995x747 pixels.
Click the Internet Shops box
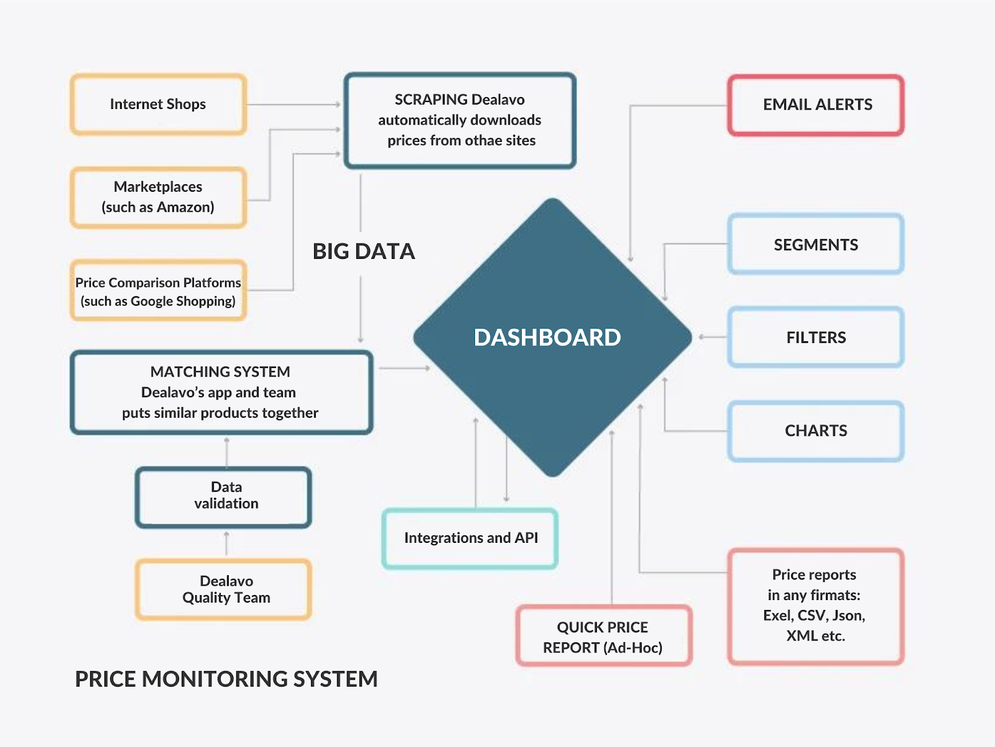click(158, 105)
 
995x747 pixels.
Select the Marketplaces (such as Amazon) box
click(158, 197)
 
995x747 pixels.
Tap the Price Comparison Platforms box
click(158, 291)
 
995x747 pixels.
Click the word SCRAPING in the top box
click(431, 100)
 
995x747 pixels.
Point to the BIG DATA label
click(363, 251)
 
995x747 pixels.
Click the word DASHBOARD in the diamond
click(547, 337)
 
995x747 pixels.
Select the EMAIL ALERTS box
click(817, 105)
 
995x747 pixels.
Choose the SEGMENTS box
click(815, 245)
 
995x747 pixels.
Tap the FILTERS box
click(815, 337)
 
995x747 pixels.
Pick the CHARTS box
click(815, 431)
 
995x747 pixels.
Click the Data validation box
click(224, 497)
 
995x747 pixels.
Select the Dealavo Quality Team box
click(224, 590)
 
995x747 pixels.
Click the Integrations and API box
click(470, 538)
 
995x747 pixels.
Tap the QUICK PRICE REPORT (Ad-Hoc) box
click(603, 637)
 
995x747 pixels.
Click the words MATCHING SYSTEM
click(220, 372)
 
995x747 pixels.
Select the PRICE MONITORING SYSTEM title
click(226, 679)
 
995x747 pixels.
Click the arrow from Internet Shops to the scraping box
click(292, 105)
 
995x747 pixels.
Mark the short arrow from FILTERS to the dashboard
click(713, 337)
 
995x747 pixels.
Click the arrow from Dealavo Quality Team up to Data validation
click(226, 543)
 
